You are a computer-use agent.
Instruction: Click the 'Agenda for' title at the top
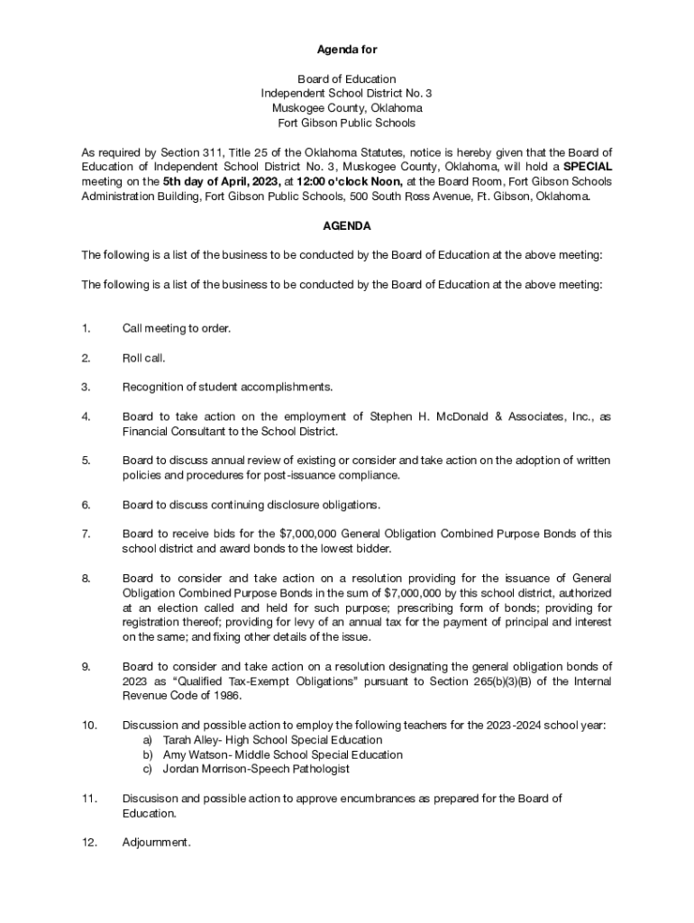(346, 50)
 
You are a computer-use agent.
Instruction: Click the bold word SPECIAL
(588, 167)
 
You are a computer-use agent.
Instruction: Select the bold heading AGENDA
(347, 226)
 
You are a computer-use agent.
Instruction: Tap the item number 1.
(85, 328)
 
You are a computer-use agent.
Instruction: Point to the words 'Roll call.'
(144, 358)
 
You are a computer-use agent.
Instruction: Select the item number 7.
(85, 535)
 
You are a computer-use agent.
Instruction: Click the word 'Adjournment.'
(156, 843)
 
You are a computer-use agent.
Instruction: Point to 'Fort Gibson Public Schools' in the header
(347, 123)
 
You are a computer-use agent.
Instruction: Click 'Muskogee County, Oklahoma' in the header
(347, 108)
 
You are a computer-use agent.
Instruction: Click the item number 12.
(87, 843)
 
